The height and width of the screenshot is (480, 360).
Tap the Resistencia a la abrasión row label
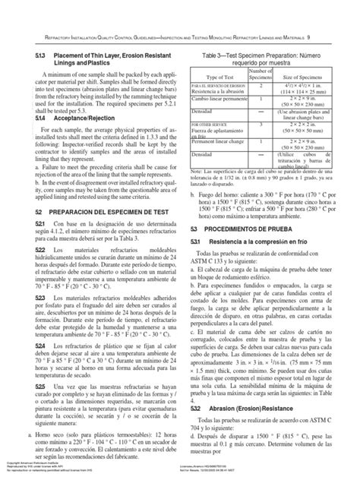click(216, 90)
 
